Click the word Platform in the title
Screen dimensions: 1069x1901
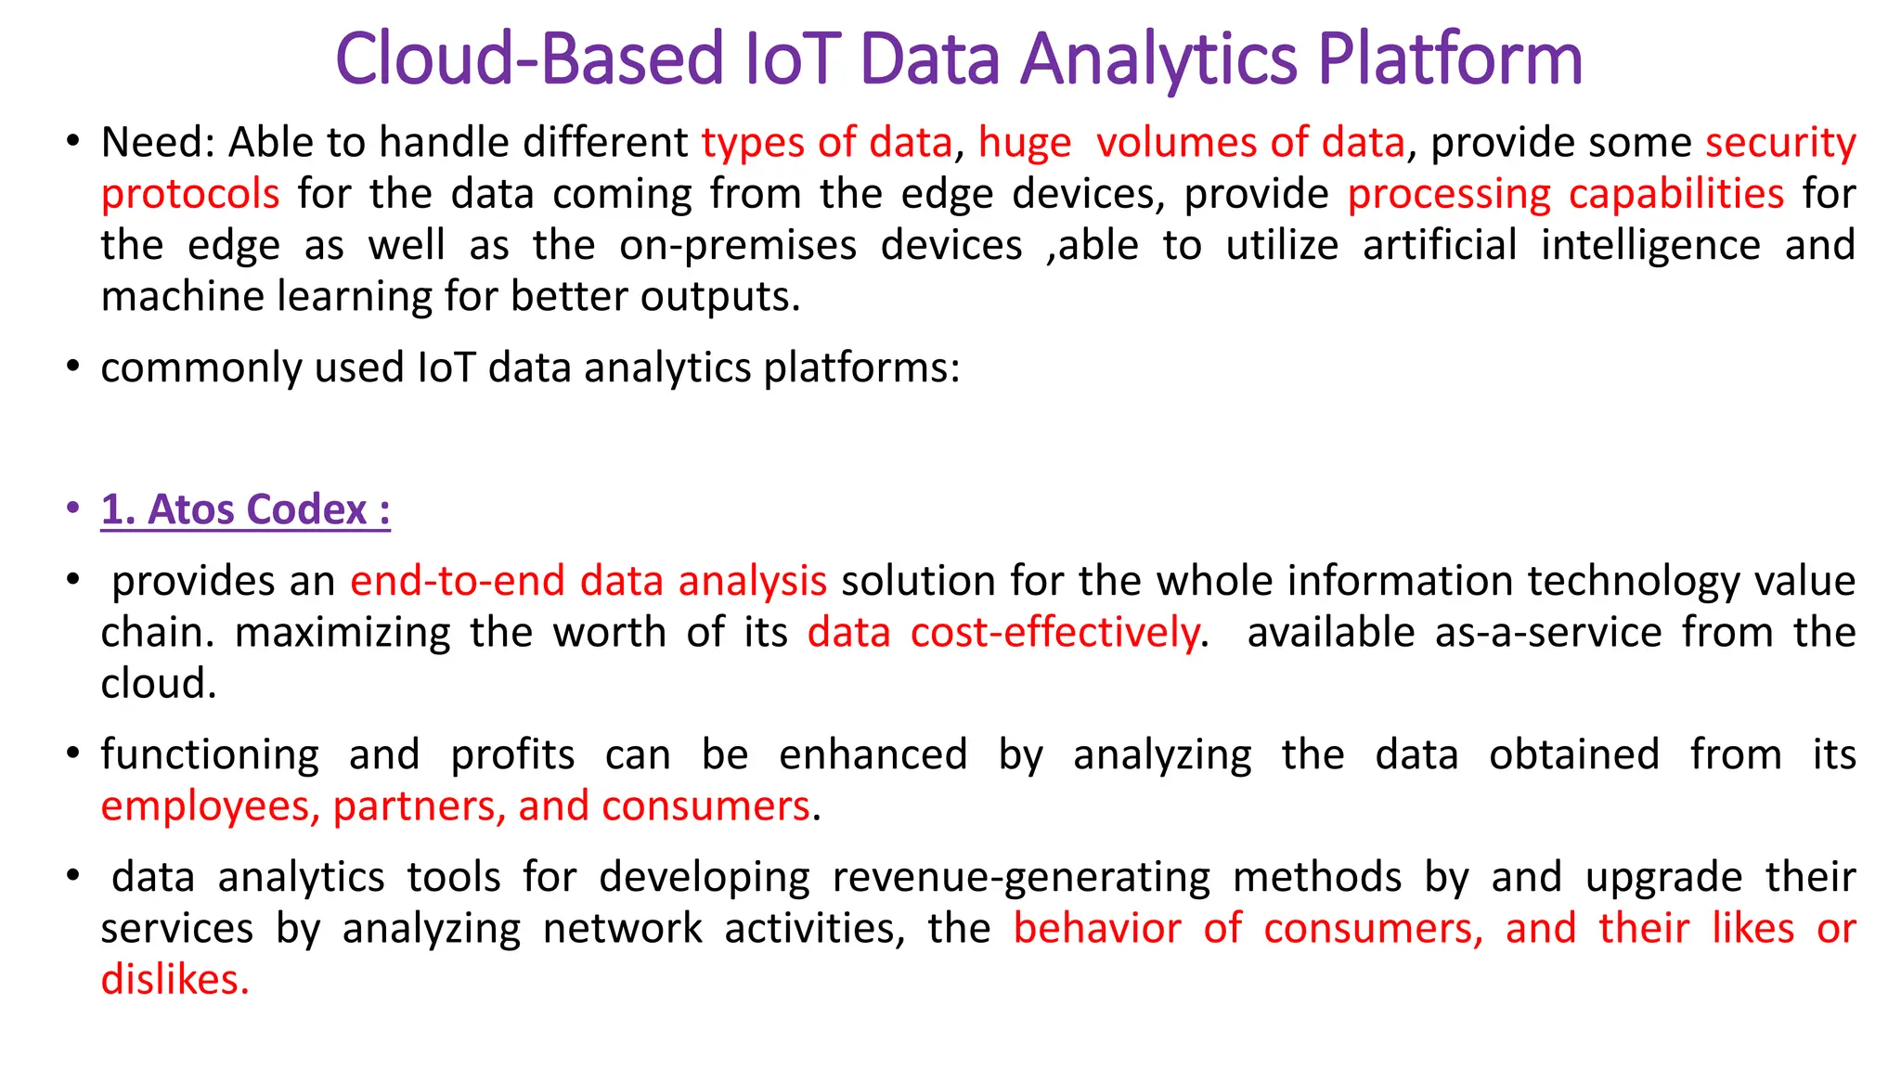(1449, 59)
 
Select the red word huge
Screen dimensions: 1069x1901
(1025, 143)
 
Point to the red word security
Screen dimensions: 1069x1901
(1780, 143)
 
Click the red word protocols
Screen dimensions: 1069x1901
(190, 195)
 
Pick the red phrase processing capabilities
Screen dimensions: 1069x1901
(1565, 195)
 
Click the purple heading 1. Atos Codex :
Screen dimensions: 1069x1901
(245, 510)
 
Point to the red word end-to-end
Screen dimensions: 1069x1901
(458, 582)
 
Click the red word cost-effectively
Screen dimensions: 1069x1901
(1055, 633)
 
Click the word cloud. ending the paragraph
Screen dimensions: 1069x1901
(159, 685)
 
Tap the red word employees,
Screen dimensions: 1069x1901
(211, 806)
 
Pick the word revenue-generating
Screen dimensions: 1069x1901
(1021, 878)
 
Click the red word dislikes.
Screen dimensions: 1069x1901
(175, 981)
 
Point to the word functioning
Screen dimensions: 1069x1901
(210, 754)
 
